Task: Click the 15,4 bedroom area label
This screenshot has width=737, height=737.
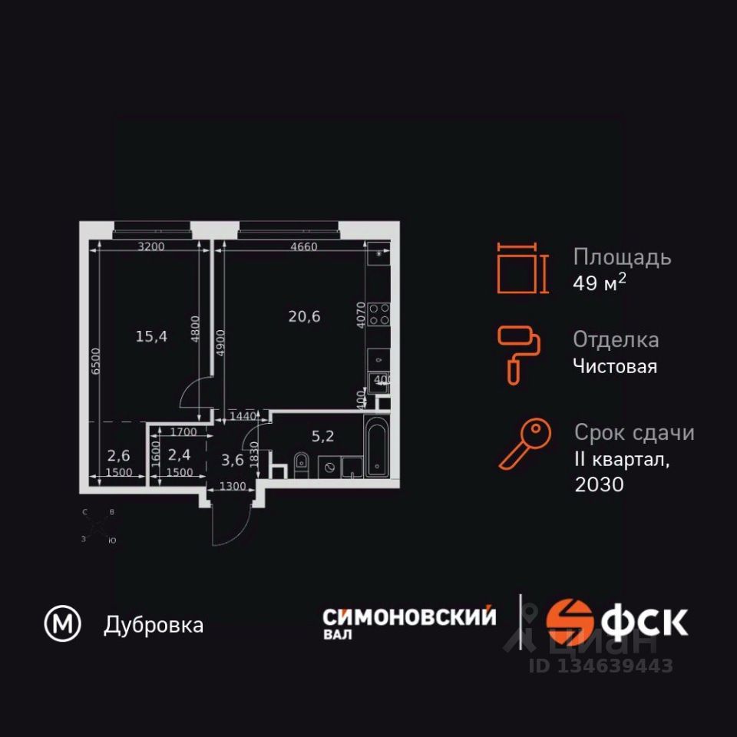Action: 151,335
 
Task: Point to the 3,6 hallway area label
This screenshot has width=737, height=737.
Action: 232,461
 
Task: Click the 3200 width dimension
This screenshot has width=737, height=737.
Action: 151,246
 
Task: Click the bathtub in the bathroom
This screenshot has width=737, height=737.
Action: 377,448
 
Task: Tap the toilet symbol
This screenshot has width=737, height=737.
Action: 301,463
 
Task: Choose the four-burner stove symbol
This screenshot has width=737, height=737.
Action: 379,313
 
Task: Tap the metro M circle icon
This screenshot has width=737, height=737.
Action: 62,625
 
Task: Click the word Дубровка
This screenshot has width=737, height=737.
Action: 154,626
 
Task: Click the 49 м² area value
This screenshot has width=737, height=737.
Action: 600,283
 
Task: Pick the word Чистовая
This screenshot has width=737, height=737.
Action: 615,366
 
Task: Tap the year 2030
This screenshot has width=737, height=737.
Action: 598,484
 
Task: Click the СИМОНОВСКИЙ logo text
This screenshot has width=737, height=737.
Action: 409,616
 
